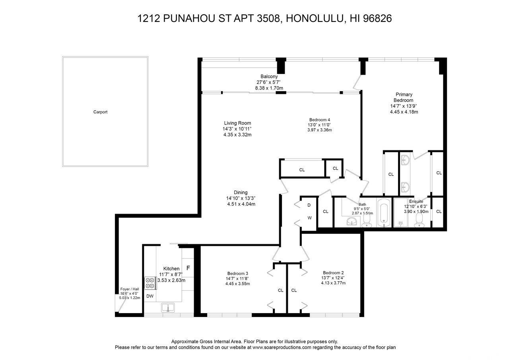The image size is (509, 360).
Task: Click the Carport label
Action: click(100, 112)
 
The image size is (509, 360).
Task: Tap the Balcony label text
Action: click(269, 77)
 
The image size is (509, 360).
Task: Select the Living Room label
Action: click(237, 123)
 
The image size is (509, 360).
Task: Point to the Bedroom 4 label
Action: click(320, 120)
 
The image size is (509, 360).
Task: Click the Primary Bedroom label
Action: click(404, 97)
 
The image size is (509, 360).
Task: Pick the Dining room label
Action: click(241, 193)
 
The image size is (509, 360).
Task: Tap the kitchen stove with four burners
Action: click(150, 283)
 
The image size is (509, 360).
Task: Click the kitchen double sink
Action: click(168, 308)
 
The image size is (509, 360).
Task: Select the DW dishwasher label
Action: click(150, 296)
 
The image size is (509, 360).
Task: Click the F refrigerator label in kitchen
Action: click(188, 268)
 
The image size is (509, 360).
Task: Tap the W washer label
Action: click(309, 218)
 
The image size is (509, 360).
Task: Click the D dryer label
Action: click(309, 205)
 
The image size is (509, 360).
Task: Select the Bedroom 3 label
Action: click(238, 274)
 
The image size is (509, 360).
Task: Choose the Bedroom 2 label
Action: click(333, 273)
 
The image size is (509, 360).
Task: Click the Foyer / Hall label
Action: click(130, 289)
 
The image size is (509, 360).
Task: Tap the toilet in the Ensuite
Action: click(419, 220)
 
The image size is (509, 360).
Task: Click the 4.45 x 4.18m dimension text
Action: click(404, 112)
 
